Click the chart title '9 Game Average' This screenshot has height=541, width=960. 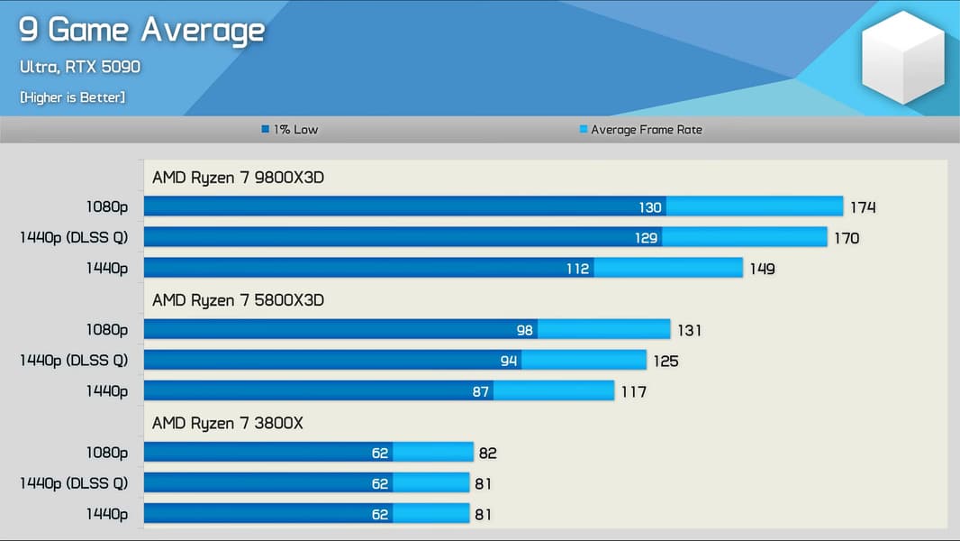[141, 31]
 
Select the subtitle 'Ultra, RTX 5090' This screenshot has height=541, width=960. [80, 68]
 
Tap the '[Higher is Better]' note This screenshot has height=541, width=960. [72, 96]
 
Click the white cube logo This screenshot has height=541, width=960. [902, 59]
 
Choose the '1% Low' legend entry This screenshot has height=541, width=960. [290, 130]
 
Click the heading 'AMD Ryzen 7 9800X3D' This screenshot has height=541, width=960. [238, 178]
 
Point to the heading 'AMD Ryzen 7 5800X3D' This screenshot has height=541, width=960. [238, 300]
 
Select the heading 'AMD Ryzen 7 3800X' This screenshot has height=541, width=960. [227, 423]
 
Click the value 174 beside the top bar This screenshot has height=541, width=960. [863, 207]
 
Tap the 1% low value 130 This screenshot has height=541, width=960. [650, 207]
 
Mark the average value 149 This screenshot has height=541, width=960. [762, 269]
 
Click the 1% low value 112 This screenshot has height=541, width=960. [577, 269]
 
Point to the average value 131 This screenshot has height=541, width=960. [689, 330]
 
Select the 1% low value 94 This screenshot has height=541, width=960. [509, 361]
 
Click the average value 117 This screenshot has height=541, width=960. [633, 392]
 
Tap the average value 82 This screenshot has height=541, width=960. [487, 453]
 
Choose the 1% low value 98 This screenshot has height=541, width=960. [525, 330]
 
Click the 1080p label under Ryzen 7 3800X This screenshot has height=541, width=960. [107, 453]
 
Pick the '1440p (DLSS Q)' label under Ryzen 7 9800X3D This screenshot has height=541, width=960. [74, 238]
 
